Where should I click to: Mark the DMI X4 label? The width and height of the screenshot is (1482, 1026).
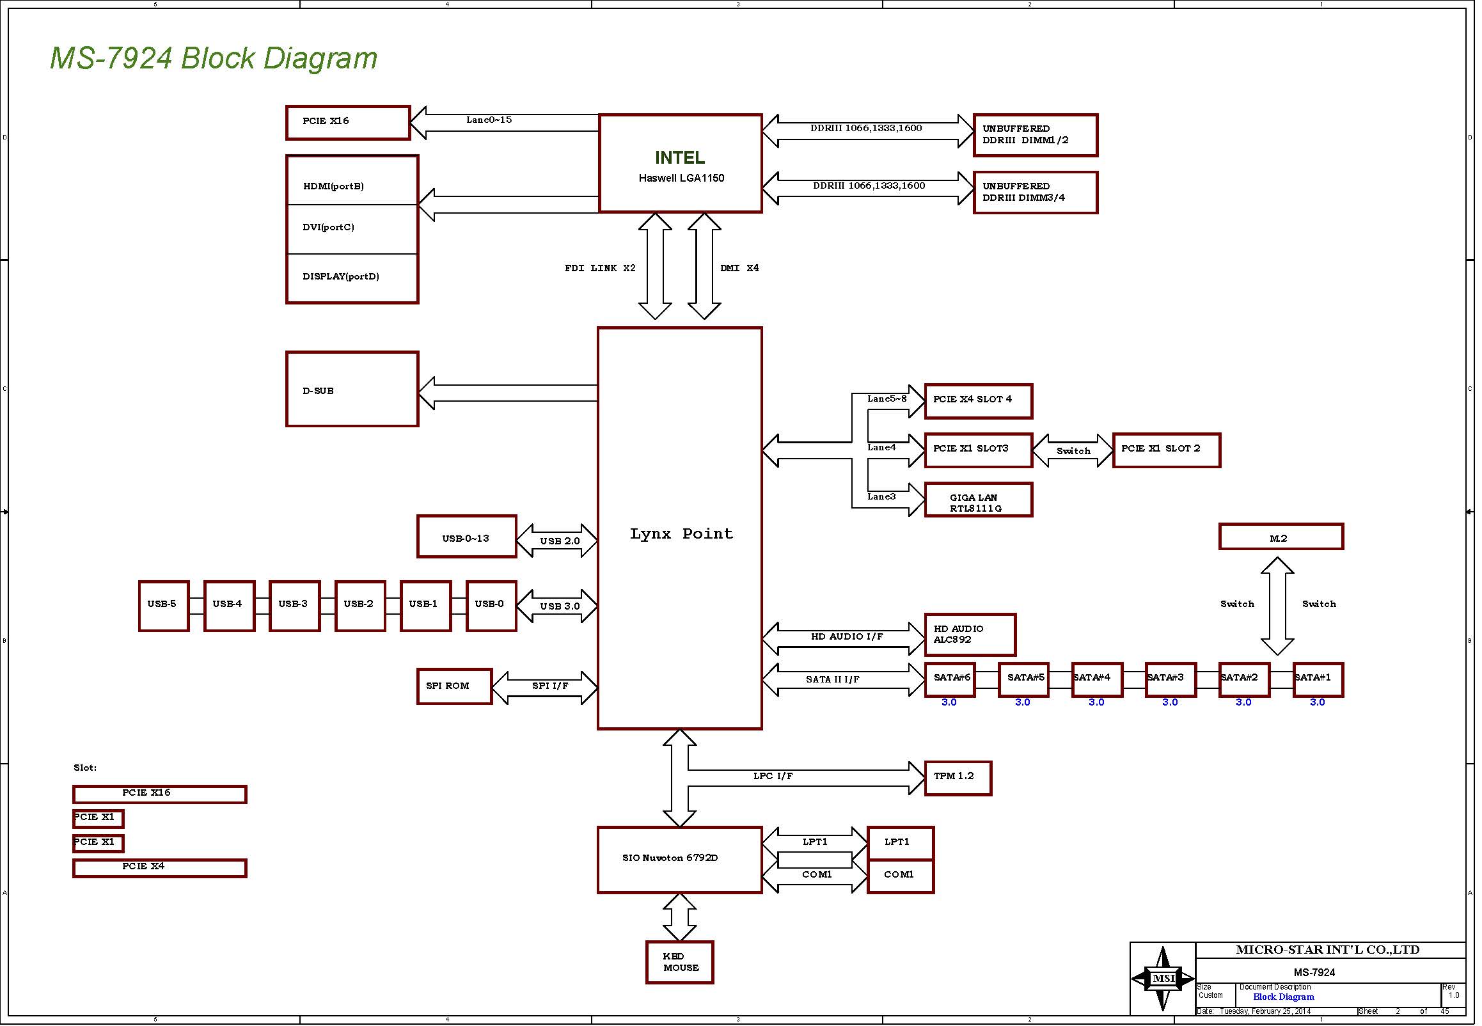(739, 268)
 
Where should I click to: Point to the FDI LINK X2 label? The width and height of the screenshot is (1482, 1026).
(599, 268)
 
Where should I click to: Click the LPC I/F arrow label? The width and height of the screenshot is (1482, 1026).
(773, 776)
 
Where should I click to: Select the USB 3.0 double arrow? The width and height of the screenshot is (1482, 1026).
(557, 606)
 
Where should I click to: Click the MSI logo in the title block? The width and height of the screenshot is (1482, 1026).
(1163, 978)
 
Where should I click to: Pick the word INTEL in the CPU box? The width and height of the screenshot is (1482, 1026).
(680, 157)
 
